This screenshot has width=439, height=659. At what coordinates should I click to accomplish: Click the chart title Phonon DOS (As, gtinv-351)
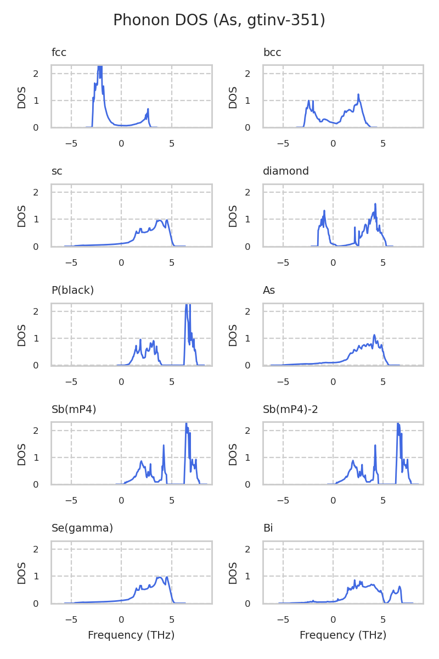coord(219,20)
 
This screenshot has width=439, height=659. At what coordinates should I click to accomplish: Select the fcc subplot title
coord(59,53)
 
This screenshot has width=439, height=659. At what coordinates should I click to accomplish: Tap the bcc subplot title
coord(272,53)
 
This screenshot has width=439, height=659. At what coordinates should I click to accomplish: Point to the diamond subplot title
coord(286,171)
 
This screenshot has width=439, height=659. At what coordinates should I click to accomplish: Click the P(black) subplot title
coord(72,290)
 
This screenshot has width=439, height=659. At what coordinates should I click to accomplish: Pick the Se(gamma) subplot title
coord(82,528)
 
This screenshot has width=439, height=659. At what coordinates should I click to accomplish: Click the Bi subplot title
coord(268,528)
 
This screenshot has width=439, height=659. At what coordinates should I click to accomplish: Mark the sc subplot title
coord(57,171)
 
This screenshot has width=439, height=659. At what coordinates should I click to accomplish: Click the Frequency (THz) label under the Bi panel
coord(343,635)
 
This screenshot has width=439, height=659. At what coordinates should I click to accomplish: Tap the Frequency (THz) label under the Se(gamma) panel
coord(131,635)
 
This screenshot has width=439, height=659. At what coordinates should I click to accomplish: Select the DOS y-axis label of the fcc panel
coord(22,97)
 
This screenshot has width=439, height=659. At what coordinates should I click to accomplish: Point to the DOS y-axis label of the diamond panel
coord(233,216)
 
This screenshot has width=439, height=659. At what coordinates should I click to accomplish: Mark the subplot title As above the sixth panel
coord(269,290)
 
